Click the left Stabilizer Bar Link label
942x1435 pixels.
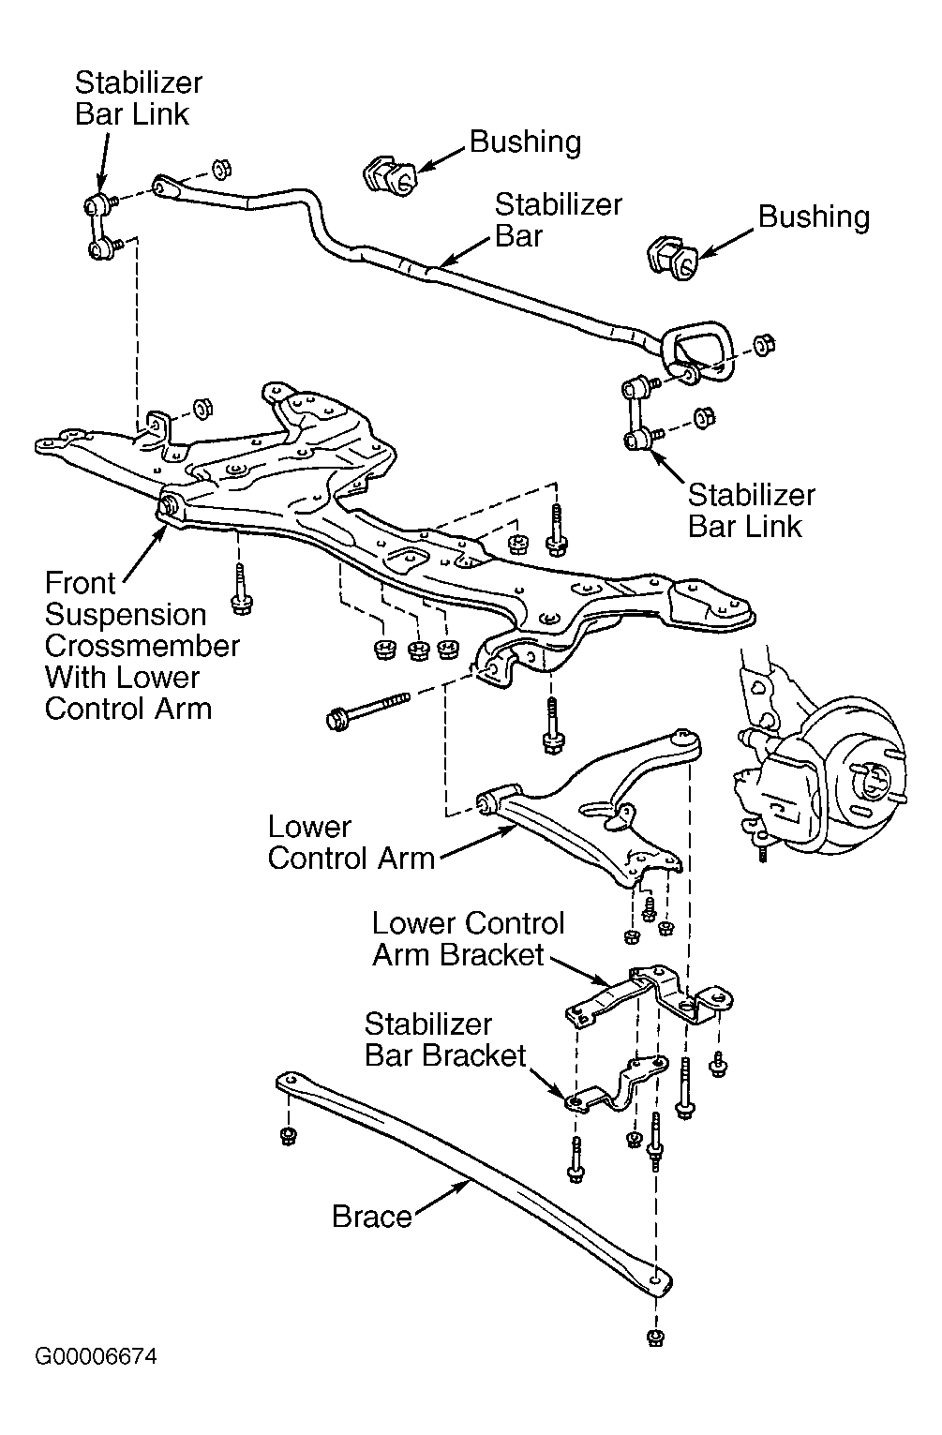coord(138,98)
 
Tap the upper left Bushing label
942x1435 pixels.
coord(525,142)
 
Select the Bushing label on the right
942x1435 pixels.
coord(814,217)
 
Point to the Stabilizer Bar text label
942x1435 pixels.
coord(558,220)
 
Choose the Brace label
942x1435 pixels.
coord(372,1217)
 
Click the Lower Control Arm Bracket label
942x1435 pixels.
coord(468,939)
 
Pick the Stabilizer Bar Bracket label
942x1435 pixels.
coord(445,1039)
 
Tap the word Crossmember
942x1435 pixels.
coord(142,646)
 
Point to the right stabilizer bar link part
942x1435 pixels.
coord(636,411)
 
